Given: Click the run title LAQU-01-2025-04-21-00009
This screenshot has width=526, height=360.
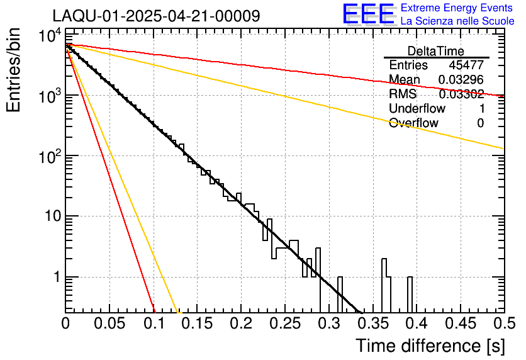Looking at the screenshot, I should (x=156, y=16).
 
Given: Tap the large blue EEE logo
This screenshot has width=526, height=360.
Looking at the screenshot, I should (x=368, y=14).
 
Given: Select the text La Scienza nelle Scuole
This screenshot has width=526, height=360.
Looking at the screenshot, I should (x=457, y=21).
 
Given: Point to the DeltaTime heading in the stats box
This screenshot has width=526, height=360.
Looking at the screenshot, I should (x=436, y=51).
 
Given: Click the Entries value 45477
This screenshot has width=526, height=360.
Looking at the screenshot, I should (x=466, y=65).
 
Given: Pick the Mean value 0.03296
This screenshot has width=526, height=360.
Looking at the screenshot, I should (x=461, y=80).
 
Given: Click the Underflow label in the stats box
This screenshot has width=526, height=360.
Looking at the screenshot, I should (x=416, y=109).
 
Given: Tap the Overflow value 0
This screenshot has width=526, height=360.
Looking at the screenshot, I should (x=480, y=123).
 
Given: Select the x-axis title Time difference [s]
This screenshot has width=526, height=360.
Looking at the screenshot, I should (x=429, y=346).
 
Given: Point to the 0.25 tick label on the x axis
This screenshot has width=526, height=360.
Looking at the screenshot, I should (x=284, y=324).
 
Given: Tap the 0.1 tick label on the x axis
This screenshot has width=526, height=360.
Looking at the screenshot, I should (x=153, y=324).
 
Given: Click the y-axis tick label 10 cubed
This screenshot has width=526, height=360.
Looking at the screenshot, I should (x=48, y=96).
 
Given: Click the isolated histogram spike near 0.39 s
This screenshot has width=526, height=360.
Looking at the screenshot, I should (x=410, y=293).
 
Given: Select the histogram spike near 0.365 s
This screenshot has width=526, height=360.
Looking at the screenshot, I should (x=385, y=283).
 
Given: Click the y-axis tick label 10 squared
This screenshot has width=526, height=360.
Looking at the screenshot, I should (x=48, y=157).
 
